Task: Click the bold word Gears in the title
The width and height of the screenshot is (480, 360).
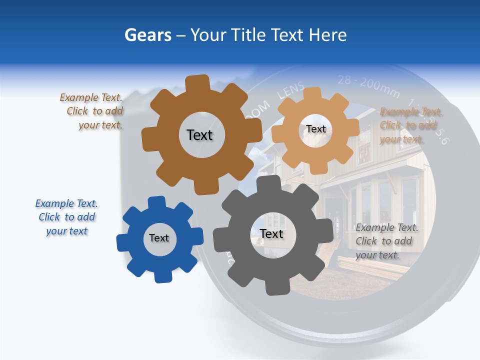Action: pyautogui.click(x=147, y=35)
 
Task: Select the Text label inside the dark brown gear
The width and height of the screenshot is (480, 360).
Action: pyautogui.click(x=199, y=135)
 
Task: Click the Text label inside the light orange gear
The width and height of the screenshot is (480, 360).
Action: pyautogui.click(x=315, y=129)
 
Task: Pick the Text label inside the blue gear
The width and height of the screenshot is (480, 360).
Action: pyautogui.click(x=159, y=238)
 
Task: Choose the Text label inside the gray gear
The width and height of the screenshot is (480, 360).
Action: pyautogui.click(x=271, y=234)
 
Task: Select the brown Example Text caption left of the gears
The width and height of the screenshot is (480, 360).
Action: pyautogui.click(x=92, y=111)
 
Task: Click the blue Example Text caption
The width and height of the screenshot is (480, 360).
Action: pyautogui.click(x=66, y=217)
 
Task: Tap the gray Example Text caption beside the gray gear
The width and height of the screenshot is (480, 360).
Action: pyautogui.click(x=386, y=241)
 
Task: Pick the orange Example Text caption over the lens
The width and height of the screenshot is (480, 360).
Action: pyautogui.click(x=410, y=125)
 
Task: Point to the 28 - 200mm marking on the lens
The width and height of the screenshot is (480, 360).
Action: pyautogui.click(x=368, y=85)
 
